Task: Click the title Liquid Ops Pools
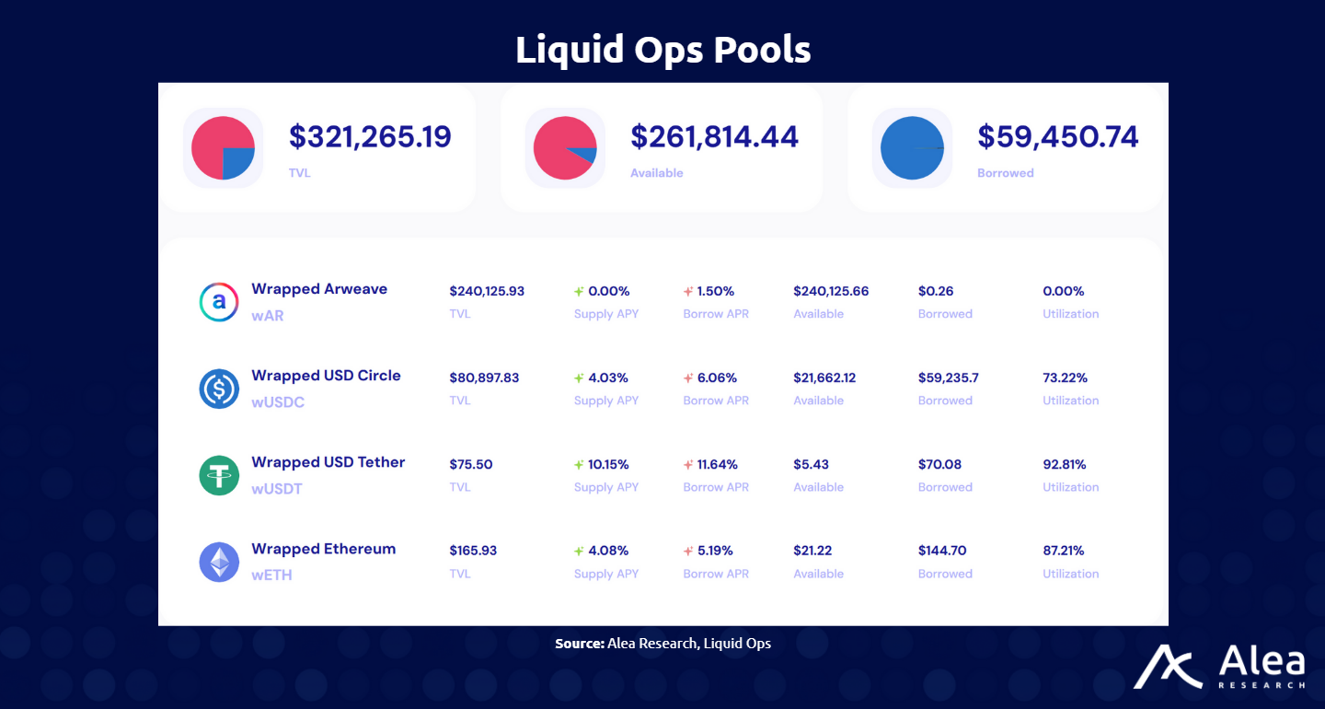tap(662, 50)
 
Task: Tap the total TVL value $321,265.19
tap(370, 137)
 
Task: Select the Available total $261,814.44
tap(714, 137)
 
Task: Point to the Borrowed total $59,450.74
tap(1057, 137)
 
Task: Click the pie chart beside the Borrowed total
tap(912, 148)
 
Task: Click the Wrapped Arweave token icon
tap(219, 302)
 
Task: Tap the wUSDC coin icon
tap(219, 389)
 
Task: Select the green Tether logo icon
tap(219, 475)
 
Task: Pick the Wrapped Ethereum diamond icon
tap(219, 562)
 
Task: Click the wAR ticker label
tap(267, 316)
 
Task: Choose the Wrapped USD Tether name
tap(328, 462)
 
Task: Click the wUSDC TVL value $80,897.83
tap(484, 378)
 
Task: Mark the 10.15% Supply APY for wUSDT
tap(608, 464)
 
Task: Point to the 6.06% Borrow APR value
tap(716, 378)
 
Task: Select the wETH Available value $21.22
tap(812, 551)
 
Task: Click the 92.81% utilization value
tap(1065, 464)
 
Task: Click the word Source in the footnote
tap(580, 644)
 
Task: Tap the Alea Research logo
tap(1218, 667)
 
